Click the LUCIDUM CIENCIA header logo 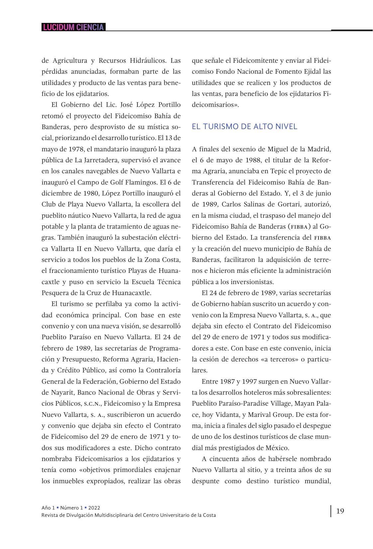(73, 27)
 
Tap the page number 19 (340, 511)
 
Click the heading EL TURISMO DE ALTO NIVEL (244, 126)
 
